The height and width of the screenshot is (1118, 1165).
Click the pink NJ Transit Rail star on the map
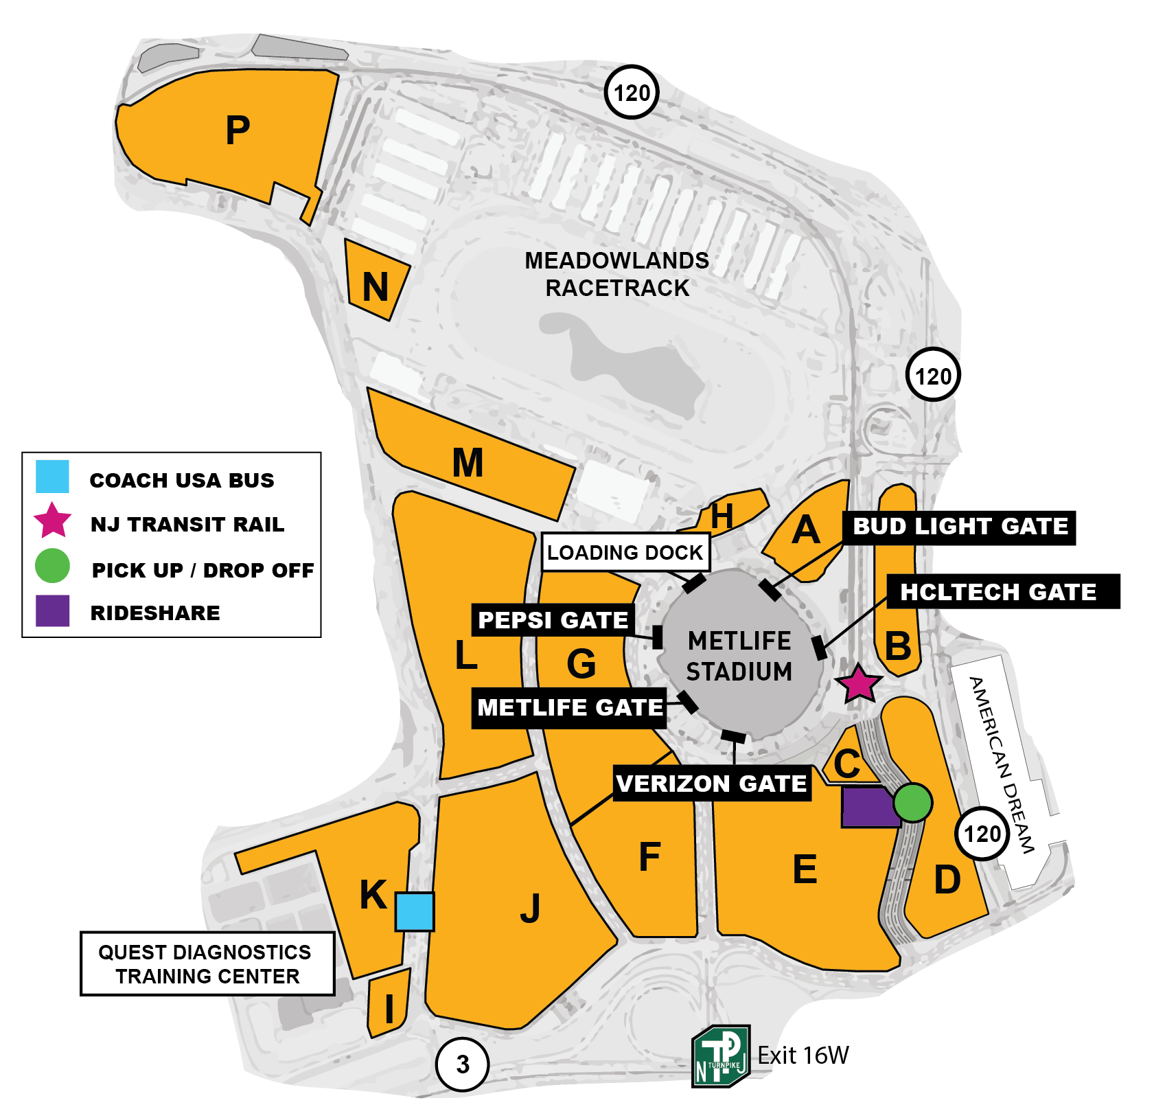pyautogui.click(x=858, y=684)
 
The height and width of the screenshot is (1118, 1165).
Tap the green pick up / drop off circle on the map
pyautogui.click(x=912, y=802)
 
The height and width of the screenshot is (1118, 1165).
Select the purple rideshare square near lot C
pyautogui.click(x=869, y=807)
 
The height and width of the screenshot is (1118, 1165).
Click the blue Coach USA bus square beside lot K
pyautogui.click(x=415, y=911)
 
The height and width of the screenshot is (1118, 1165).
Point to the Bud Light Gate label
pyautogui.click(x=960, y=527)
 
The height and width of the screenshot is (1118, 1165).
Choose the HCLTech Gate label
pyautogui.click(x=1002, y=591)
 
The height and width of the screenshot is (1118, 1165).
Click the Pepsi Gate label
pyautogui.click(x=553, y=619)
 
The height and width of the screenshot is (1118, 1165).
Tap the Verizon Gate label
pyautogui.click(x=711, y=784)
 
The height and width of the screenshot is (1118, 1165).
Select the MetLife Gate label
pyautogui.click(x=569, y=707)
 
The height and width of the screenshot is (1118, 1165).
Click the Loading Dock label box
pyautogui.click(x=625, y=552)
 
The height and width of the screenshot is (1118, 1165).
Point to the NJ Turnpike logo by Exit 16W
pyautogui.click(x=719, y=1056)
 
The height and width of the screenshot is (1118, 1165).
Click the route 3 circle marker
pyautogui.click(x=463, y=1064)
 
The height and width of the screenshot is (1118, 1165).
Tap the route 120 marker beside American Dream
pyautogui.click(x=982, y=834)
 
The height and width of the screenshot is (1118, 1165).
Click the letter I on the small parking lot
pyautogui.click(x=389, y=1009)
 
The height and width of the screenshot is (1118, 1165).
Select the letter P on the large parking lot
pyautogui.click(x=238, y=130)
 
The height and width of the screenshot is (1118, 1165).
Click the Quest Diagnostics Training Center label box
pyautogui.click(x=207, y=963)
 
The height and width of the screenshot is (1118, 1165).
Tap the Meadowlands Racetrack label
pyautogui.click(x=616, y=274)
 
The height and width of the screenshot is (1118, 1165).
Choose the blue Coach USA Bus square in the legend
pyautogui.click(x=52, y=477)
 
